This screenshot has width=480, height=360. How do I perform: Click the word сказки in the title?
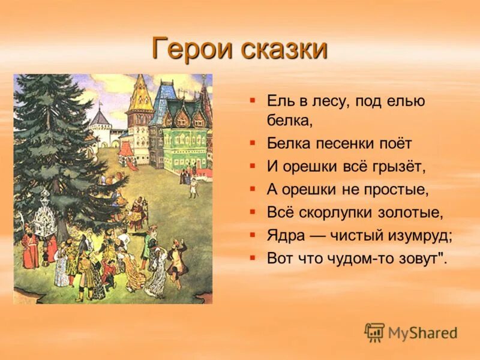284,48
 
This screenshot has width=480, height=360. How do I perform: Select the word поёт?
392,144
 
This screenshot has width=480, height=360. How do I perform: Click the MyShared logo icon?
374,332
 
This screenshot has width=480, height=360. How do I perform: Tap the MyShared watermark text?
422,333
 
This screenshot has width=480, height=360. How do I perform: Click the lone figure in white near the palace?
193,187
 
